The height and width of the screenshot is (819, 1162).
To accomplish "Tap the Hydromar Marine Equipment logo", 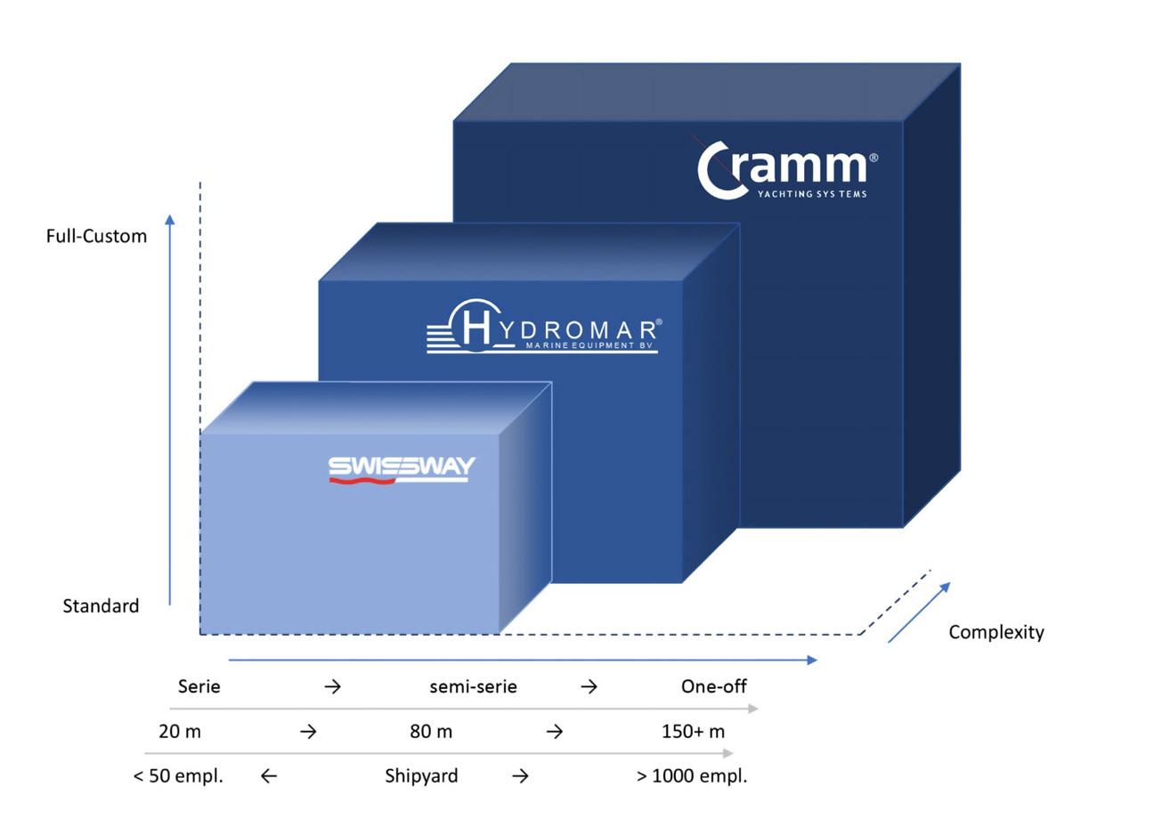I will click(543, 328).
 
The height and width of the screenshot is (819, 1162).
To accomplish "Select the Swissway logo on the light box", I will click(401, 469).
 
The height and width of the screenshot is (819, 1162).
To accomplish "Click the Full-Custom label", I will click(96, 236).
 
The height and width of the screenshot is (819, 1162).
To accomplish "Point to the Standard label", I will click(101, 606).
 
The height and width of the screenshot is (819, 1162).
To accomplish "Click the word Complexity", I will click(995, 632).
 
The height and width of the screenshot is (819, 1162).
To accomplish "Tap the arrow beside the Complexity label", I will click(919, 612).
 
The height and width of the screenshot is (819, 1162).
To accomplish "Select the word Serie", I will click(199, 686).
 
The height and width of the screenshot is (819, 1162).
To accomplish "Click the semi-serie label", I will click(473, 686).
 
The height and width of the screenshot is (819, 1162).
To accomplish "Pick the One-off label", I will click(713, 686).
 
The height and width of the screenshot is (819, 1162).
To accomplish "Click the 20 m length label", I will click(180, 731).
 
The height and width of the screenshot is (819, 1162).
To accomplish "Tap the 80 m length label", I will click(431, 731).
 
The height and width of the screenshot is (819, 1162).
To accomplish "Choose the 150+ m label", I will click(693, 731).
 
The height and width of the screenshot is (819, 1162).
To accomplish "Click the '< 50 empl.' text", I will click(178, 775).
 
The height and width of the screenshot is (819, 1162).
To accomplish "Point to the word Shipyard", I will click(421, 775).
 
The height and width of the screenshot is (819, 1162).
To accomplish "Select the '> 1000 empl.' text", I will click(692, 775).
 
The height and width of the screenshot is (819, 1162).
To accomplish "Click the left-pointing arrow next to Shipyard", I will click(268, 776).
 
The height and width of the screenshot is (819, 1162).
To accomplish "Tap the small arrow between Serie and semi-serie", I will click(332, 686).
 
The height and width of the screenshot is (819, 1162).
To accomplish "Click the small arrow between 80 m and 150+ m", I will click(554, 732).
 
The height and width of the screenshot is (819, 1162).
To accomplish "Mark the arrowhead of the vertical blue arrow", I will click(170, 219).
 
